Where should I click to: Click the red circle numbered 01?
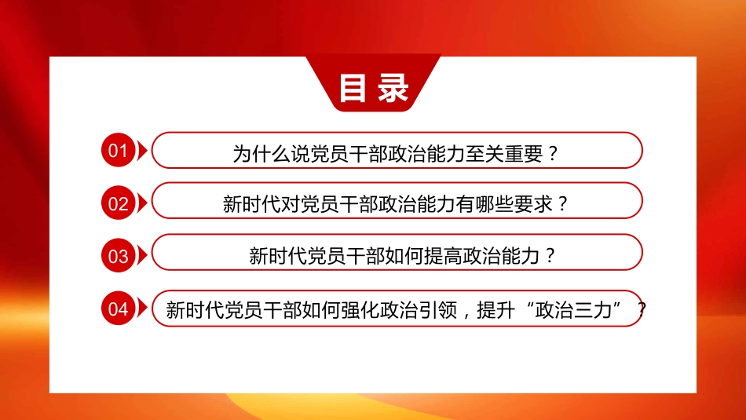pos(118,152)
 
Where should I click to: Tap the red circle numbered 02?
pos(118,203)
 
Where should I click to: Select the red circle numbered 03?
pos(118,256)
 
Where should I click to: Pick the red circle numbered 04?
pos(118,309)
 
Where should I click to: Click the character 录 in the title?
pos(393,88)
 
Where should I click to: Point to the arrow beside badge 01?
pos(142,152)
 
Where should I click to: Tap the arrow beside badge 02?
pos(142,203)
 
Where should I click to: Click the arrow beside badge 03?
pos(142,256)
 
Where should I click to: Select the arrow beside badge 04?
pos(142,309)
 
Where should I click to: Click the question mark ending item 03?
pos(550,256)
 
